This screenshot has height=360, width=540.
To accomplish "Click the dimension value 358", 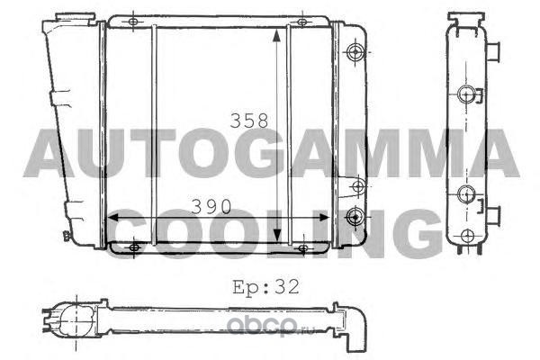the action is pyautogui.click(x=249, y=121).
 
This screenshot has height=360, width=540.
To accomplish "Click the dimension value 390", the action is pyautogui.click(x=211, y=207).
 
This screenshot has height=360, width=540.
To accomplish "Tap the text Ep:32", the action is pyautogui.click(x=265, y=287).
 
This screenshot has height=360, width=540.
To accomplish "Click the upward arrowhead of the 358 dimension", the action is pyautogui.click(x=276, y=35).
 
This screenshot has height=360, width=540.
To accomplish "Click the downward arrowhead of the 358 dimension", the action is pyautogui.click(x=277, y=236).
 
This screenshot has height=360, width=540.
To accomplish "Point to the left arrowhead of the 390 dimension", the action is pyautogui.click(x=113, y=218).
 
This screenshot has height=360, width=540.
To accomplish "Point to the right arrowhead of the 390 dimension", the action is pyautogui.click(x=324, y=218).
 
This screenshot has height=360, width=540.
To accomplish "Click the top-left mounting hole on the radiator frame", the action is pyautogui.click(x=133, y=22).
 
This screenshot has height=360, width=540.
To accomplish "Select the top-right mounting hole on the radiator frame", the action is pyautogui.click(x=302, y=22).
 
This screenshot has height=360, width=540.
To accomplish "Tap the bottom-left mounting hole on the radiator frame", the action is pyautogui.click(x=134, y=247).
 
